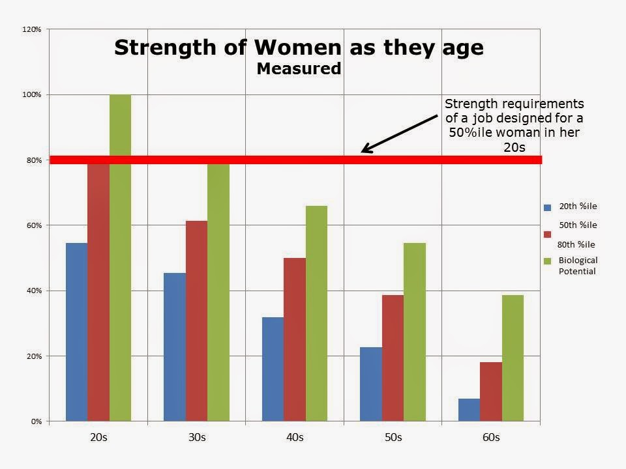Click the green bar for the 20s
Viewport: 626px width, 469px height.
click(x=120, y=258)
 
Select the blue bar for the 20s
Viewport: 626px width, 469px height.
click(x=77, y=332)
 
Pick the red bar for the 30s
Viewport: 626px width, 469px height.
click(x=196, y=320)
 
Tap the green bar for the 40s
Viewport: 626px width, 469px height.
click(x=317, y=313)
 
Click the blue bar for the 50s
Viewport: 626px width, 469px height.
click(x=371, y=384)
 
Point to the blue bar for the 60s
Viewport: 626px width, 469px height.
click(x=469, y=410)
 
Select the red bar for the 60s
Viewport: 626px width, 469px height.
click(x=491, y=391)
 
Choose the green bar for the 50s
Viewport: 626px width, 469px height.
click(x=415, y=332)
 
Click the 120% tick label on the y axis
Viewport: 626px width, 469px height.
click(x=31, y=29)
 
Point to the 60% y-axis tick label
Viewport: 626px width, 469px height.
click(x=34, y=225)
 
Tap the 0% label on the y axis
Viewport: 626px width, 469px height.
click(x=37, y=421)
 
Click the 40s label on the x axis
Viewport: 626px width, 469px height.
click(x=295, y=438)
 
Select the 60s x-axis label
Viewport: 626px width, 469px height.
click(x=491, y=438)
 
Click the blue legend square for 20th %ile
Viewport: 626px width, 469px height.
click(x=547, y=207)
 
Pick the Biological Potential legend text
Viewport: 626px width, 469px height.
click(x=578, y=266)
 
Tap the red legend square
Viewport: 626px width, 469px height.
click(x=547, y=234)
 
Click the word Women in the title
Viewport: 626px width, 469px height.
click(x=298, y=48)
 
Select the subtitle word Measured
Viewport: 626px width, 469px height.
click(x=299, y=68)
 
